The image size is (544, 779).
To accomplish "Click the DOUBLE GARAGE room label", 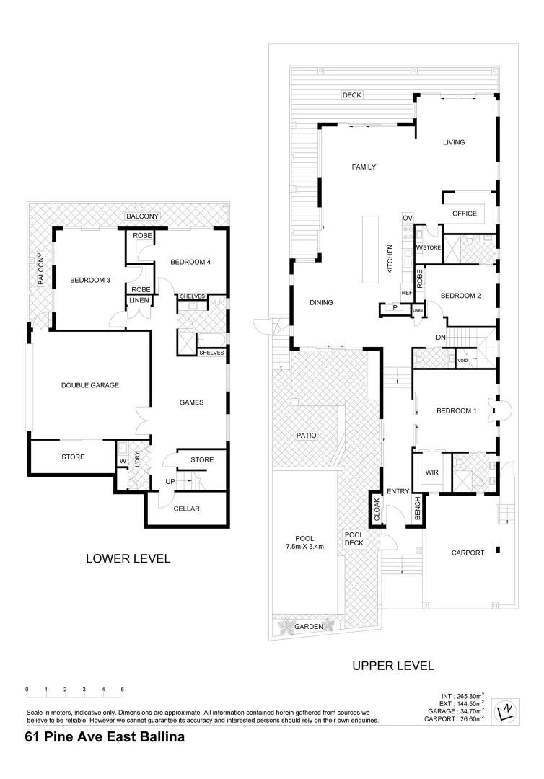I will [x=90, y=385].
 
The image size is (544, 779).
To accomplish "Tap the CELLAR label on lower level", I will [x=186, y=509].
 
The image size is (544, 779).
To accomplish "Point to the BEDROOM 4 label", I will [x=190, y=263].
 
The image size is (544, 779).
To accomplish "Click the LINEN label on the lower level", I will [x=138, y=301].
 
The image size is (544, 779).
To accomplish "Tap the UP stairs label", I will [x=170, y=481].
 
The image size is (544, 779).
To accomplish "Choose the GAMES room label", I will [x=191, y=403].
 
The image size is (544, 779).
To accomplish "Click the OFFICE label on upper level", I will [x=465, y=214].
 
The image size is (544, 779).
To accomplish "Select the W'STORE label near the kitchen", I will [x=430, y=248].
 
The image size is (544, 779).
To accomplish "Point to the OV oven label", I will [x=407, y=218].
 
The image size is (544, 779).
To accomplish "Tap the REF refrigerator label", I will [x=406, y=293].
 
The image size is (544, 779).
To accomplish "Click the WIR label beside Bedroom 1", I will [x=432, y=472].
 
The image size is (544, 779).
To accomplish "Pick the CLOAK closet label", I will [x=376, y=510].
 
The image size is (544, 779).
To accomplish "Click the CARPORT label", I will [x=468, y=553].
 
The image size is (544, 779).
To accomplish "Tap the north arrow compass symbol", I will [x=507, y=713].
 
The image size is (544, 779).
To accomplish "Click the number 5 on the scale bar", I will [x=123, y=690].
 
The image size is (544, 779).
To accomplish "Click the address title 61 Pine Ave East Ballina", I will [x=105, y=736].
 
